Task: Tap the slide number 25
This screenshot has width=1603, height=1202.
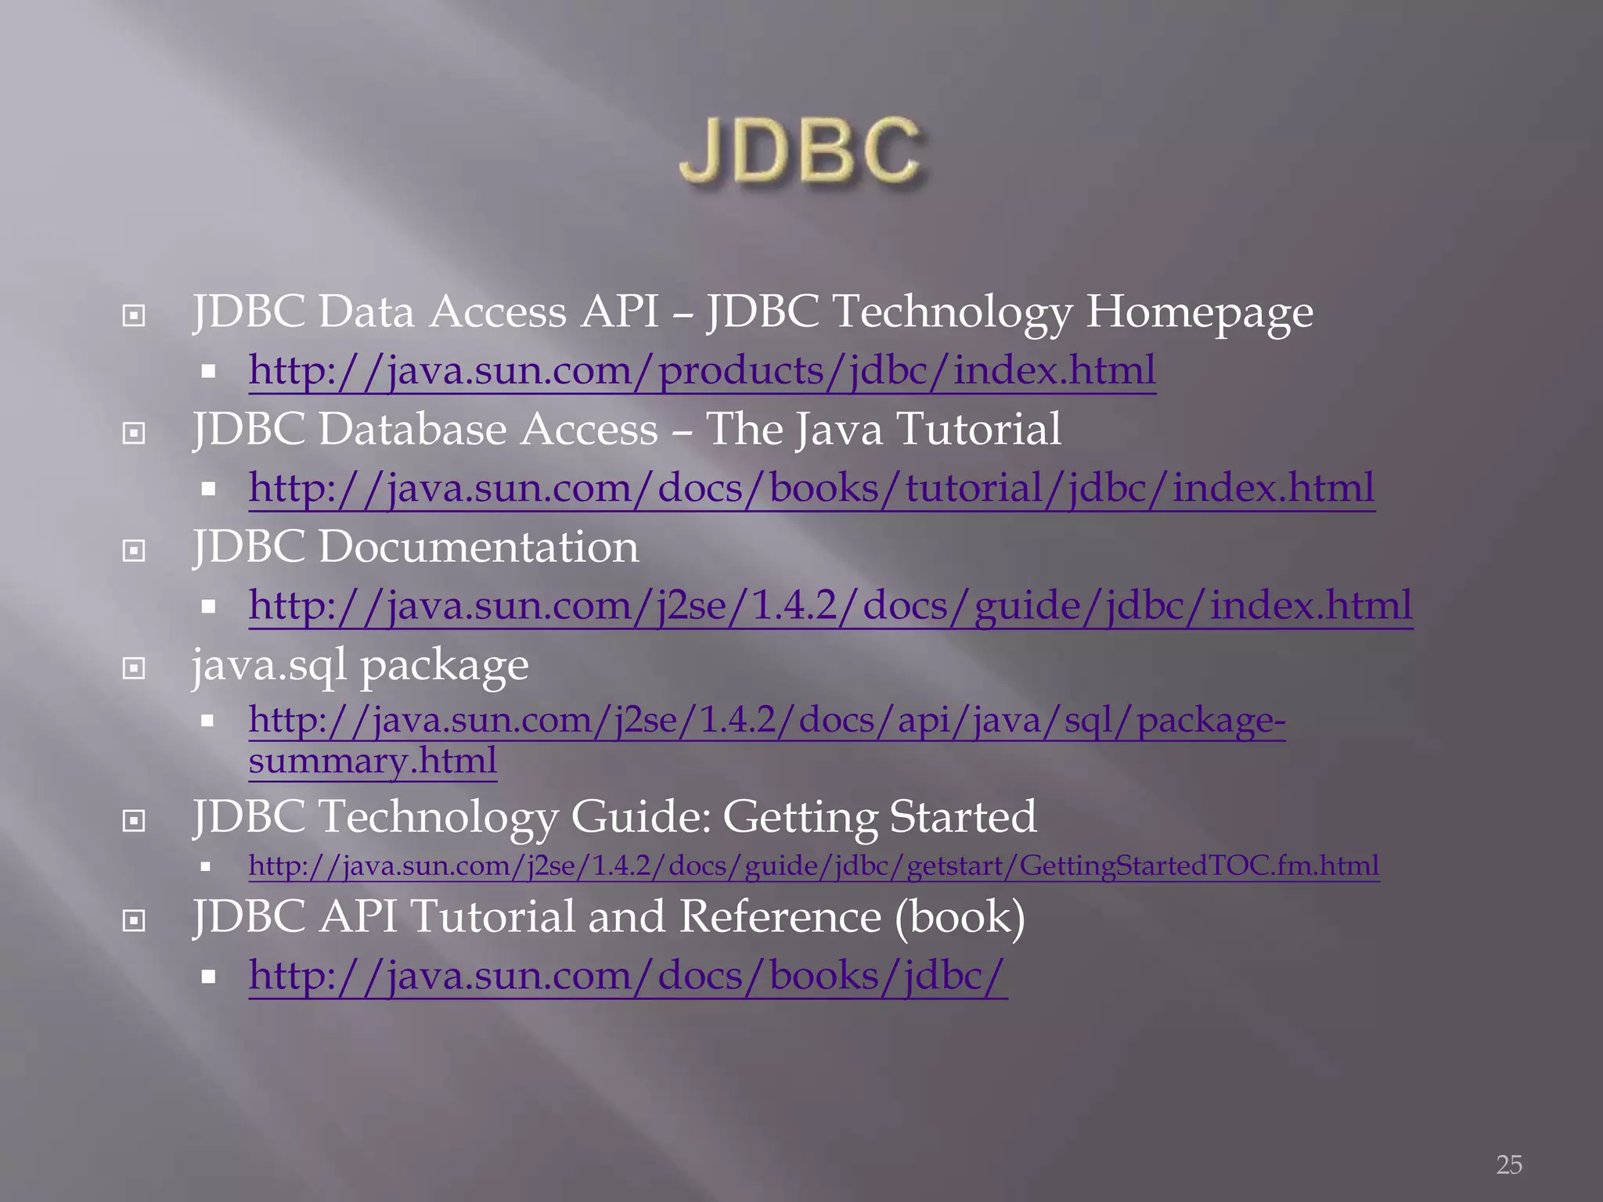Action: [x=1509, y=1164]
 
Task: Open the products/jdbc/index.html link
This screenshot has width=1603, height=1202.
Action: [x=702, y=370]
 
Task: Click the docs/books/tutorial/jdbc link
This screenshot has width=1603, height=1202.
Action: [x=811, y=488]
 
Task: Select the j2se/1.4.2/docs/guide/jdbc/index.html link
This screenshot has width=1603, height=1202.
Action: [x=830, y=605]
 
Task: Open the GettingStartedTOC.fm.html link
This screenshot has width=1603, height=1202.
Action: [x=813, y=866]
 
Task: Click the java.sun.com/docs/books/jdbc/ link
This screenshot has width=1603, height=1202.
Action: [x=628, y=976]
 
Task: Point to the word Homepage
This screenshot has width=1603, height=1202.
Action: [x=1199, y=312]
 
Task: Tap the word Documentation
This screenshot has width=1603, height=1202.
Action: [x=478, y=546]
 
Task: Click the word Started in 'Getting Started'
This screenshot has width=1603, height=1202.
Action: [x=963, y=816]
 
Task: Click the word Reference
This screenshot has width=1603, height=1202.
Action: [x=780, y=917]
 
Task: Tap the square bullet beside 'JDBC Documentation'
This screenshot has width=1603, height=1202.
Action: [x=135, y=551]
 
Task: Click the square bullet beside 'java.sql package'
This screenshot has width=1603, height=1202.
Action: [x=135, y=668]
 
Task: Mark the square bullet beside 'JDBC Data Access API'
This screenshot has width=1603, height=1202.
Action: [x=135, y=315]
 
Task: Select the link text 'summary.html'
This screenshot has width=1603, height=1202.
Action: [x=373, y=761]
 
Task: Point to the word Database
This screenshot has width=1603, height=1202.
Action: [x=412, y=430]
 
